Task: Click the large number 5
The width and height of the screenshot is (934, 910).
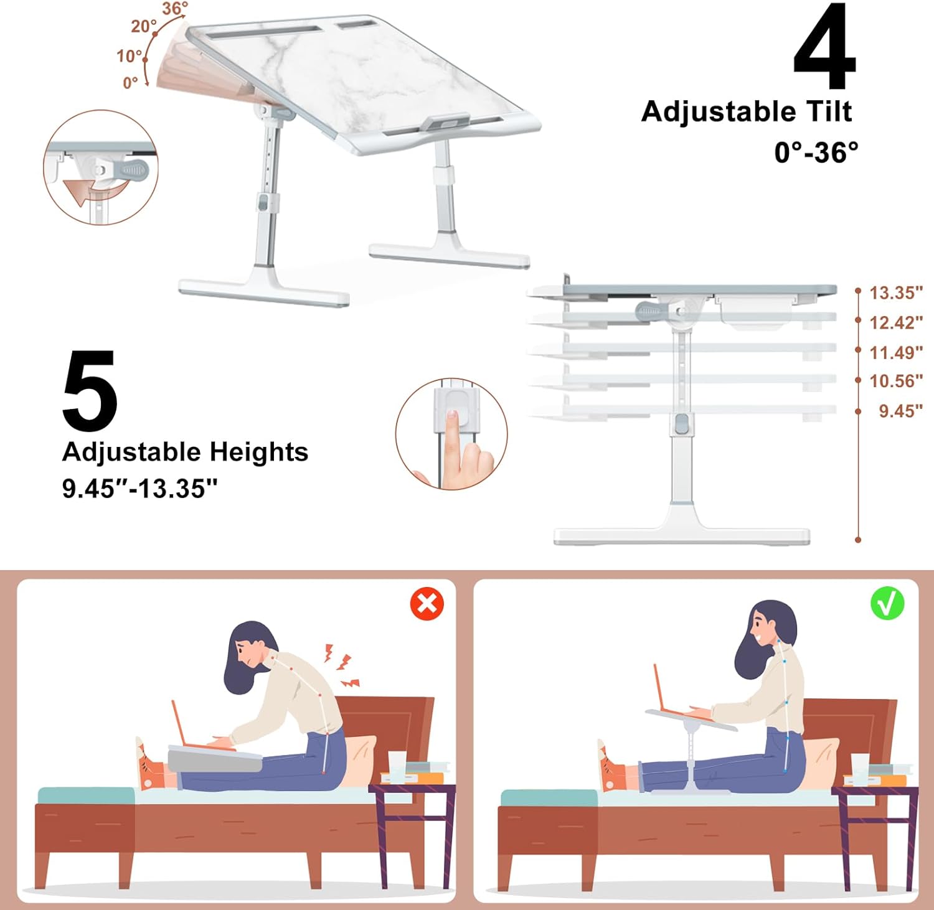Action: pos(90,390)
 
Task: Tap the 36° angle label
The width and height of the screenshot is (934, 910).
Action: pos(175,9)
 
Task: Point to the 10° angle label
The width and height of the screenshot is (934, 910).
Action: pos(130,56)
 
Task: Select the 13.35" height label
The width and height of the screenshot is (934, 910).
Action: pos(895,293)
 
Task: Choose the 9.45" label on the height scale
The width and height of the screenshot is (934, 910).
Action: pos(900,411)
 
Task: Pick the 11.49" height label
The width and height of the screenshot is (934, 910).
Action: pos(895,352)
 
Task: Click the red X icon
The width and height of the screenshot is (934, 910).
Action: pos(427,603)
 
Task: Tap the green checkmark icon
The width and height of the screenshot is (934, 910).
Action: pos(887,603)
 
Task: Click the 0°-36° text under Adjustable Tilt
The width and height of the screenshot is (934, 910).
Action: pos(816,152)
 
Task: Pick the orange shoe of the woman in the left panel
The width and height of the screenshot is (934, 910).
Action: pos(149,766)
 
